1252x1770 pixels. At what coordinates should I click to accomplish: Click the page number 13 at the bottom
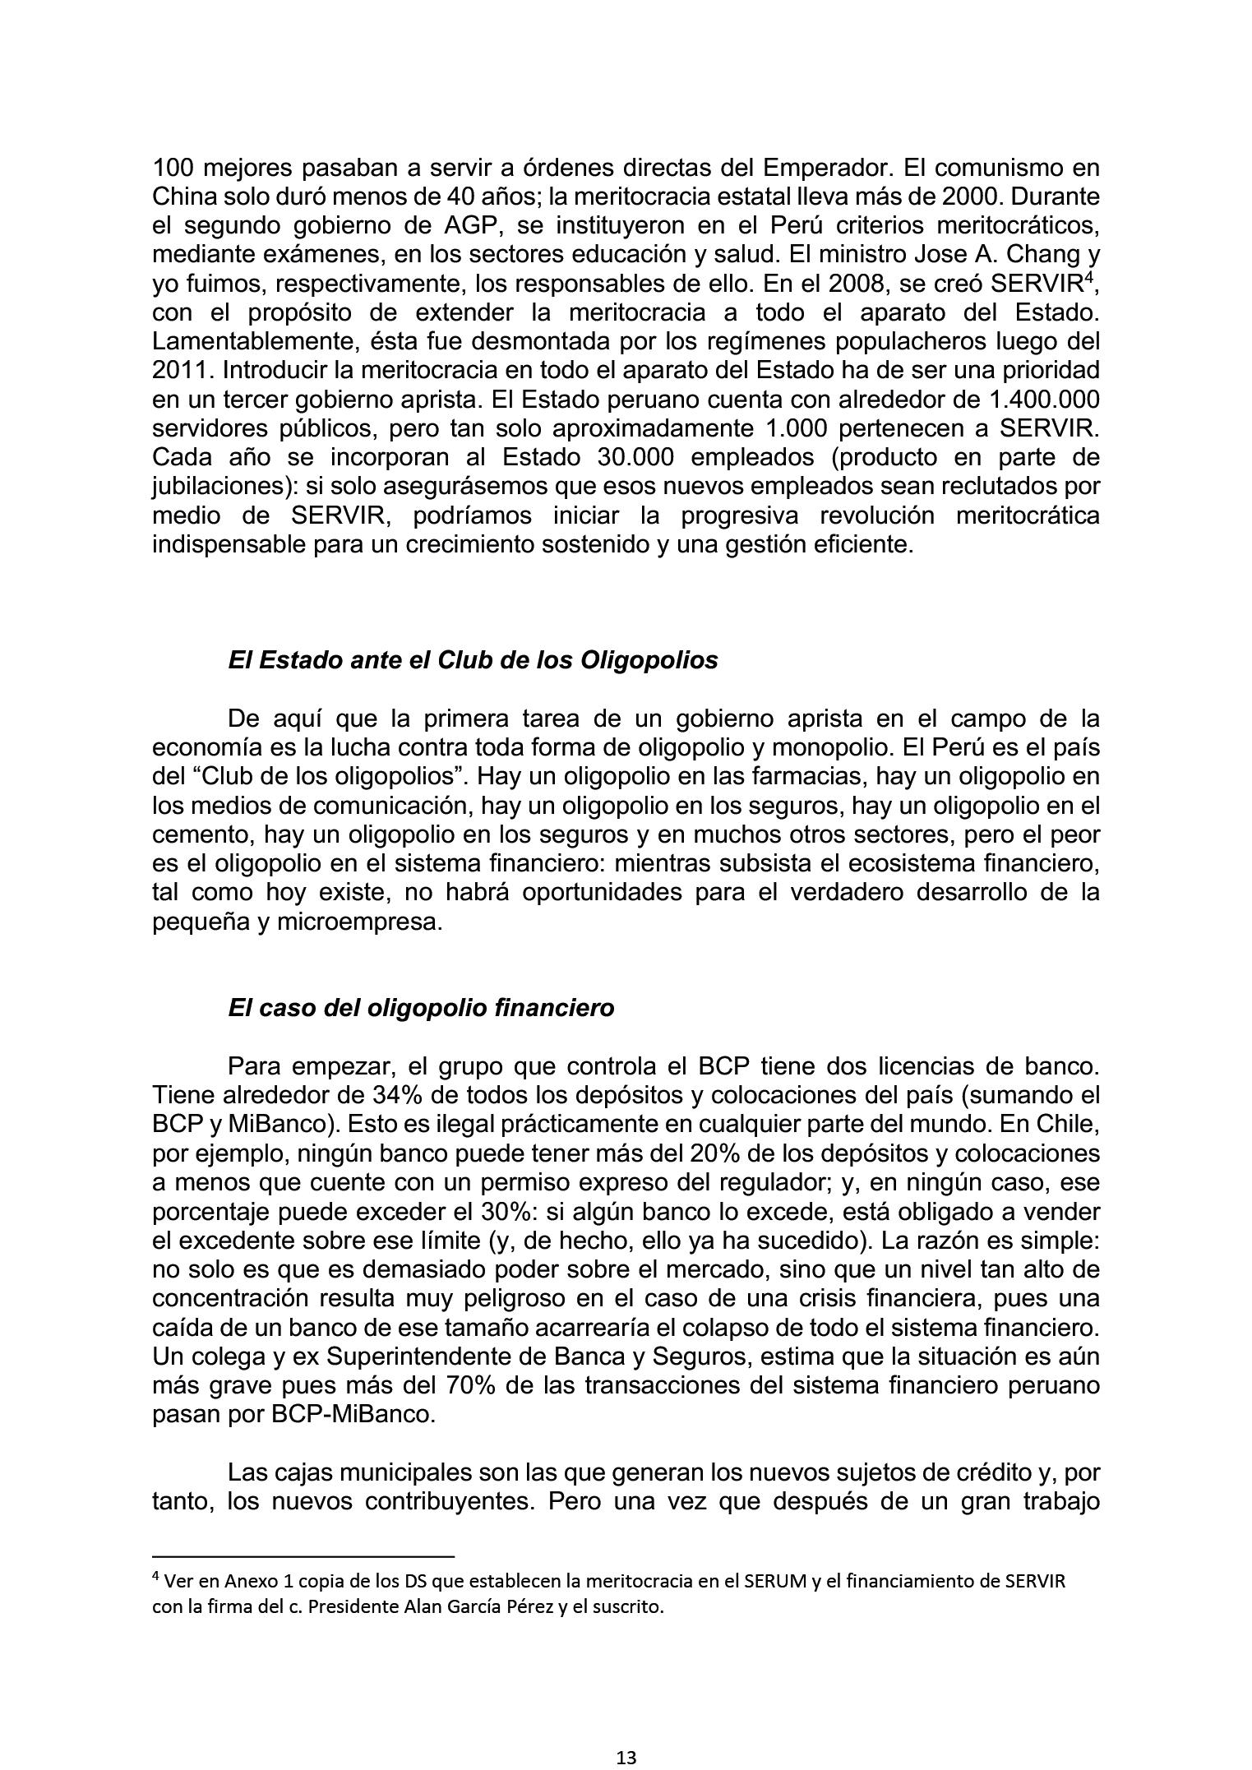626,1758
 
